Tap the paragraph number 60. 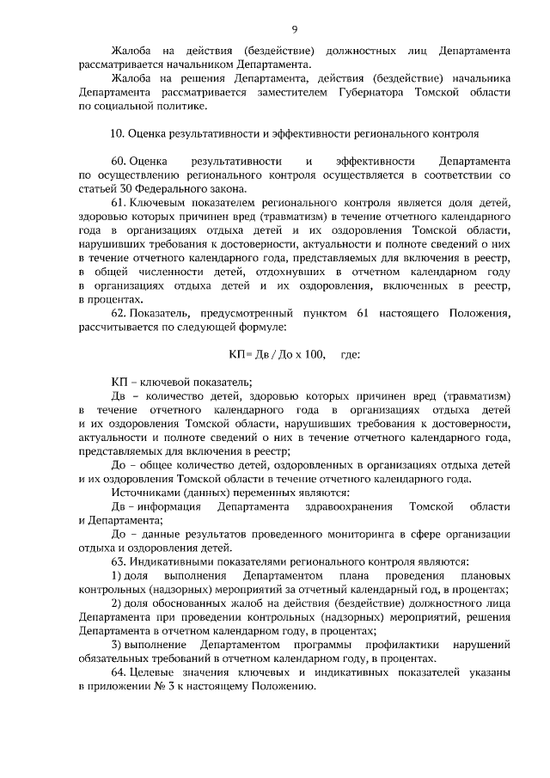(119, 161)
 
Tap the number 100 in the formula (316, 354)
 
